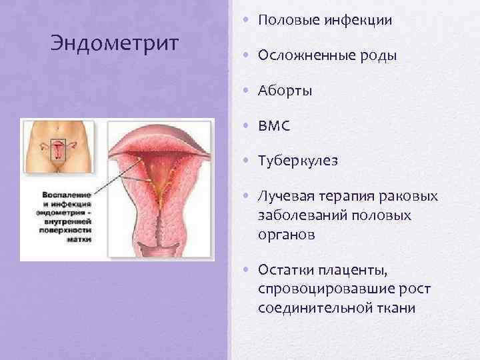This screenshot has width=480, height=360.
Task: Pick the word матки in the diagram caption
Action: click(x=79, y=239)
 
